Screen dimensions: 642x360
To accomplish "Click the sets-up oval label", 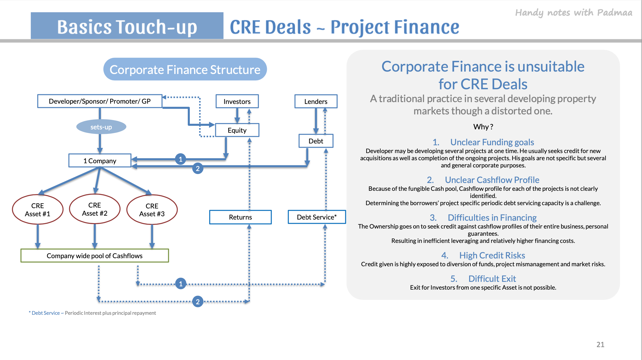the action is click(x=101, y=127).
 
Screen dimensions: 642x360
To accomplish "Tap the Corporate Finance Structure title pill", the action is click(x=185, y=69).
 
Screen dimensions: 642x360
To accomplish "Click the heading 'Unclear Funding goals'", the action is click(x=492, y=142).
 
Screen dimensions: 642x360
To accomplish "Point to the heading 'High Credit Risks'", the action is click(x=492, y=255).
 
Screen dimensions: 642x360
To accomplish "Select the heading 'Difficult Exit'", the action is click(x=492, y=279).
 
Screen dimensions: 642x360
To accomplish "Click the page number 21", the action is click(x=600, y=344).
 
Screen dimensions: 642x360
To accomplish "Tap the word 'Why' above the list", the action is click(x=481, y=127).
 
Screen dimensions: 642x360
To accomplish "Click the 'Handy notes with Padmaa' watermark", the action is click(x=574, y=13).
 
